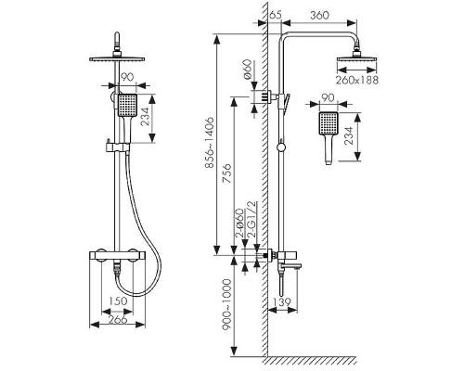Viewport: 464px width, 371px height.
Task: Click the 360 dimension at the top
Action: coord(319,15)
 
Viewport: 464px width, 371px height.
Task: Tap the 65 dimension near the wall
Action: coord(276,15)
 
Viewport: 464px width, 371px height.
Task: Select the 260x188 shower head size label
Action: coord(357,80)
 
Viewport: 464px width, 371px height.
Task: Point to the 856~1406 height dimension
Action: coord(210,142)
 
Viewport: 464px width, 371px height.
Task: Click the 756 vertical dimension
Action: coord(227,173)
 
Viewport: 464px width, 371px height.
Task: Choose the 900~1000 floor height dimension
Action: coord(227,304)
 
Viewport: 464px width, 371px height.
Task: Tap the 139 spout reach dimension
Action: coord(282,301)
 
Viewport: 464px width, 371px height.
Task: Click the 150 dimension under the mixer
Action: coord(118,301)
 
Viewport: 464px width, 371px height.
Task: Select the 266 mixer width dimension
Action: coord(119,319)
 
